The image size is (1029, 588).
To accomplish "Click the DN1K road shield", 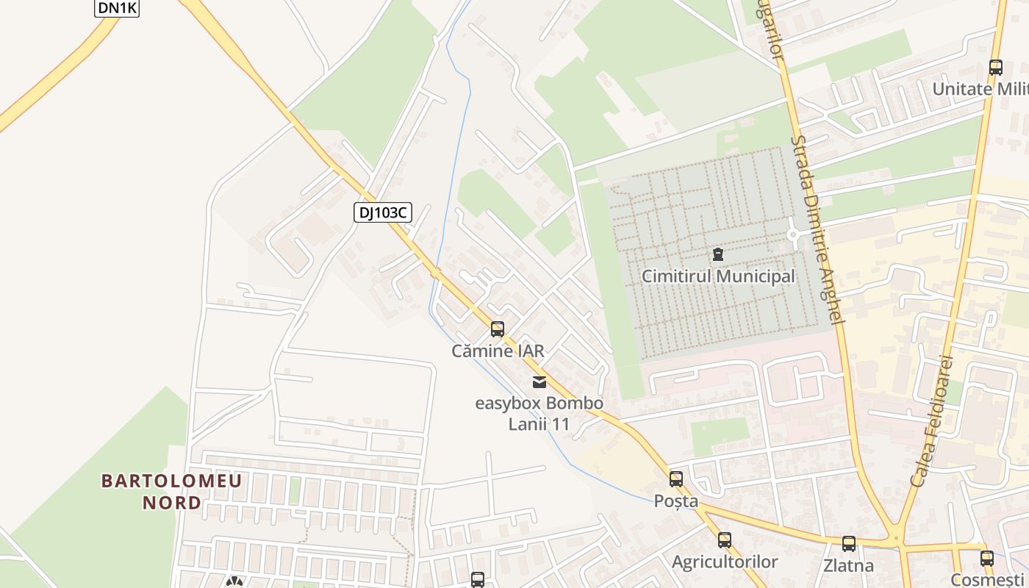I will [117, 8].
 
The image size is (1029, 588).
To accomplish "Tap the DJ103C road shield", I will [382, 213].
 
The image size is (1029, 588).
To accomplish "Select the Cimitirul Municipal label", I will [718, 276].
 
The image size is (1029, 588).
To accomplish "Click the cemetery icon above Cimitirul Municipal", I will [718, 255].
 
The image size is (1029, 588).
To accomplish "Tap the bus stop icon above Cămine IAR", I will [498, 329].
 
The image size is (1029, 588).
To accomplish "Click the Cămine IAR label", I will [498, 351].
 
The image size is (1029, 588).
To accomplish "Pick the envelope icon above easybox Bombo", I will [539, 381].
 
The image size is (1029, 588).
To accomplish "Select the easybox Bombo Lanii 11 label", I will [539, 413].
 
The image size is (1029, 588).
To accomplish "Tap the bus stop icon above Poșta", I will [676, 479].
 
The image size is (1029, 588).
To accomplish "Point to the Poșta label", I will [676, 501].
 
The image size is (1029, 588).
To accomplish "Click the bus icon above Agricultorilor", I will [725, 540].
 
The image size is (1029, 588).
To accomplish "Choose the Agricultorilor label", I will [725, 562].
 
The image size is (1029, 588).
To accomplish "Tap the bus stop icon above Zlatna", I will [849, 544].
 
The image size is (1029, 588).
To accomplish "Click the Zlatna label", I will [849, 566].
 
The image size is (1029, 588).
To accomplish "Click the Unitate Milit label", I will [980, 89].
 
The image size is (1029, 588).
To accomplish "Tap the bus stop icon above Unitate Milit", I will [996, 68].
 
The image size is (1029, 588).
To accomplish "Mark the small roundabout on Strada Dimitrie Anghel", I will [793, 235].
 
